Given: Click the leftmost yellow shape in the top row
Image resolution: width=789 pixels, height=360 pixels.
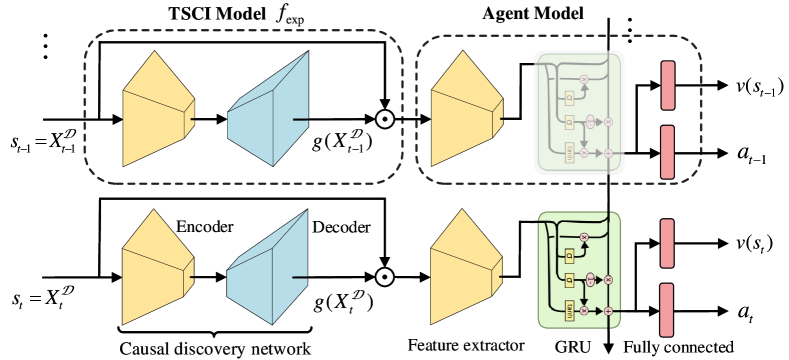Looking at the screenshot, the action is point(155,110).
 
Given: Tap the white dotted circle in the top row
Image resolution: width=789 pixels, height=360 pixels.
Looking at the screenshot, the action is point(385,119).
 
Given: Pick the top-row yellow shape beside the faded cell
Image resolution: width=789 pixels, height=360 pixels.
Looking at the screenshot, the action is point(463,110).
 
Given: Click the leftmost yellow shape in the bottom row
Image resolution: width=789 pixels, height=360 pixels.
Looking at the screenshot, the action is point(155,268).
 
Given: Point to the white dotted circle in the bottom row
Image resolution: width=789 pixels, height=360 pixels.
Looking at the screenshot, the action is point(385,277).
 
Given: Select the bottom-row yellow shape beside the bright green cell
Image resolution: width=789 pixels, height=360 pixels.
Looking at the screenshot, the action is point(463,268).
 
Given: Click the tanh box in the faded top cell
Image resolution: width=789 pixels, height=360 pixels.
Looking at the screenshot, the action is point(570,153).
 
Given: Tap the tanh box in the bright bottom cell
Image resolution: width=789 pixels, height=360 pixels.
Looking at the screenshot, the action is point(570,311).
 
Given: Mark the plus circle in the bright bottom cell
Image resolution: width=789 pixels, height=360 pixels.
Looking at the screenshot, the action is point(608,311).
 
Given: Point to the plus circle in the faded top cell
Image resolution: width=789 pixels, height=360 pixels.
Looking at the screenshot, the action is point(608,153).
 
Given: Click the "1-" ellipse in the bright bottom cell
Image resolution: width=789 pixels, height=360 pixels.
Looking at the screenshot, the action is point(590,279).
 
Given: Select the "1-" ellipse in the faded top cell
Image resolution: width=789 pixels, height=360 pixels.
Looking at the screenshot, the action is point(590,121).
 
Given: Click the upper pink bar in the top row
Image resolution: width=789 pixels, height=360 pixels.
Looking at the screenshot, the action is point(668,85).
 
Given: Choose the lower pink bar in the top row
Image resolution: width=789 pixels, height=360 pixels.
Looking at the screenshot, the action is point(667,152).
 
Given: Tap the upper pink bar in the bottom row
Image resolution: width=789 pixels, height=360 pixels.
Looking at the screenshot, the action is point(667,243).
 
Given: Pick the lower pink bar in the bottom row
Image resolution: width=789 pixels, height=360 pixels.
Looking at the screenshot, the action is point(666,310).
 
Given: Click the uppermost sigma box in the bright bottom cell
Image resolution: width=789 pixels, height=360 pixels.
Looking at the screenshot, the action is point(570,255).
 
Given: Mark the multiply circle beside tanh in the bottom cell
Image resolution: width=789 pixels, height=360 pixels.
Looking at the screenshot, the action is point(584,311).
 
